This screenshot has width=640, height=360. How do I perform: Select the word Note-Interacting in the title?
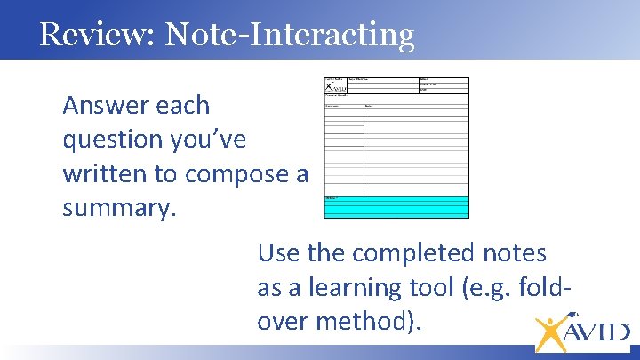[290, 34]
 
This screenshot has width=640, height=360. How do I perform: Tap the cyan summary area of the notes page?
[396, 206]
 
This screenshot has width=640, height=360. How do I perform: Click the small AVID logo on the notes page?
[334, 87]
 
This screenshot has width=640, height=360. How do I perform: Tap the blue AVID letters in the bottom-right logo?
[597, 332]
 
